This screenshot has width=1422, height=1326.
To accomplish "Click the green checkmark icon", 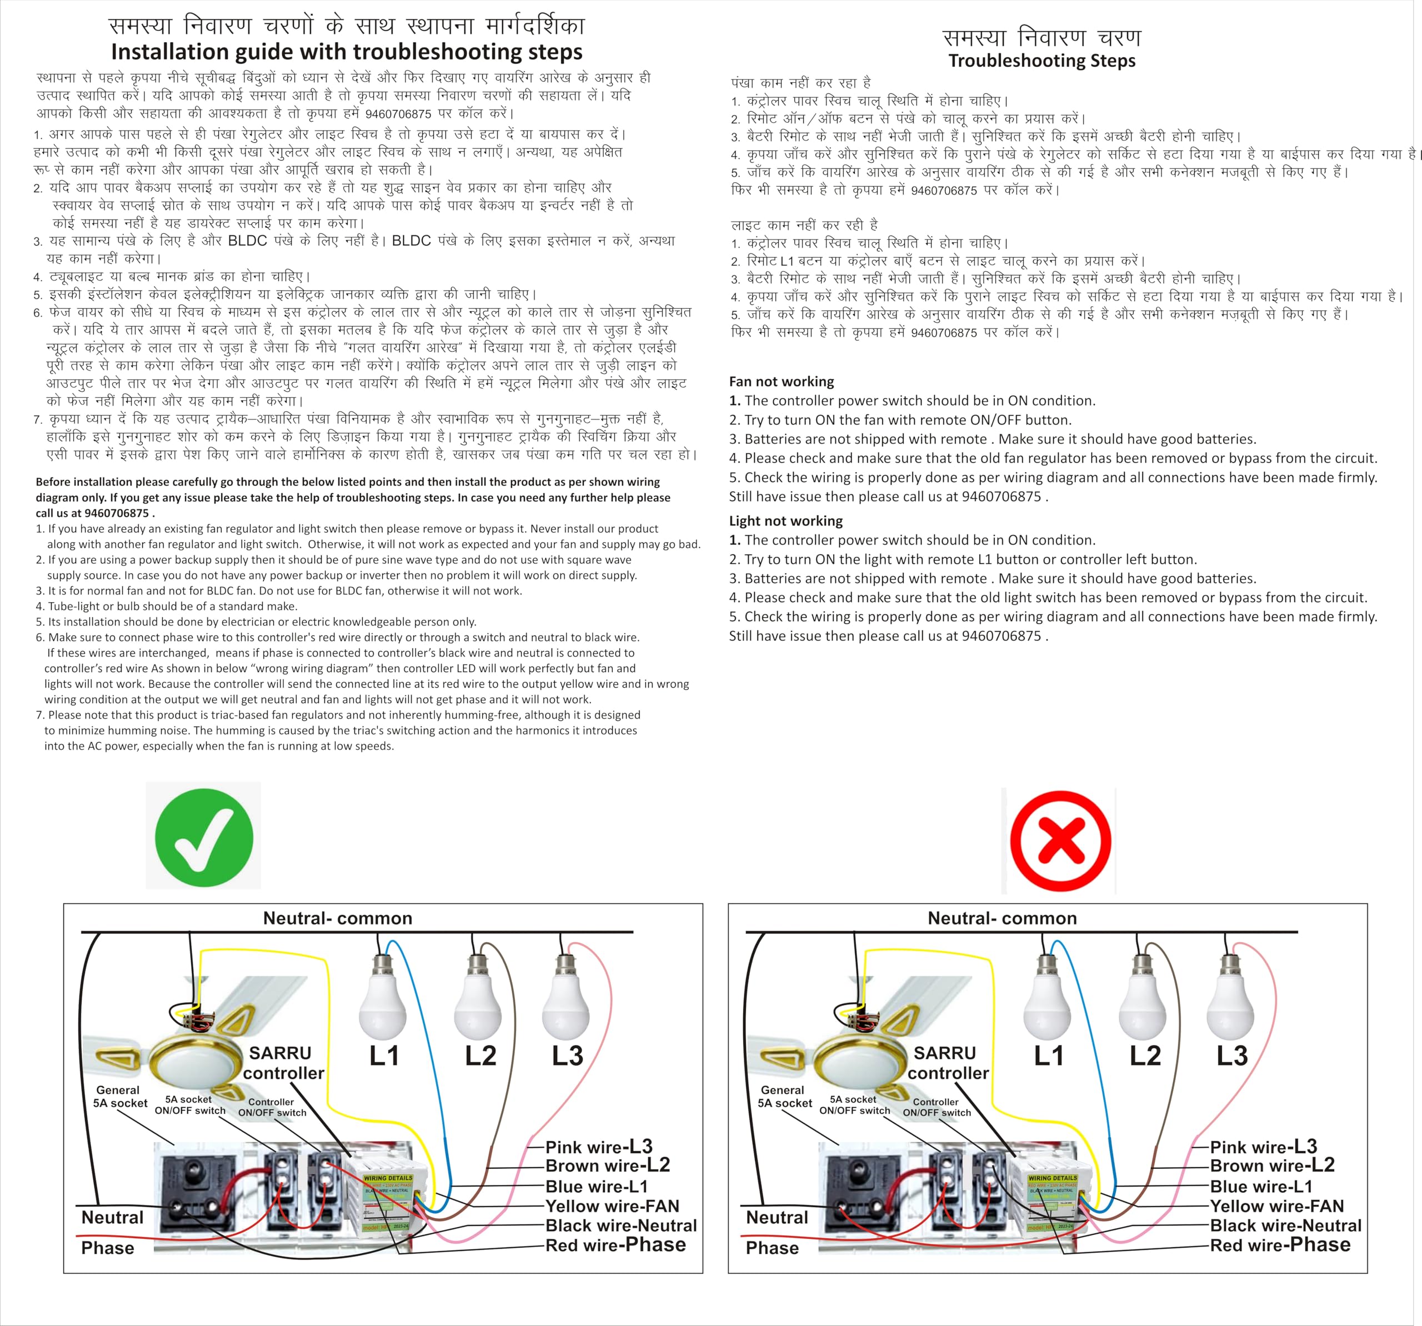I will pos(204,837).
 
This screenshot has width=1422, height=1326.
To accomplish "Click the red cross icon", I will pos(1060,841).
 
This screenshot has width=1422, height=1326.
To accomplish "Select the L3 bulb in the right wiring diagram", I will pos(1230,1005).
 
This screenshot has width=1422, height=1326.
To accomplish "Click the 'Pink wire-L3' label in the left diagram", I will pos(599,1147).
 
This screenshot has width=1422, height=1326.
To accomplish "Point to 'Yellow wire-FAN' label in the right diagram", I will pos(1277,1207).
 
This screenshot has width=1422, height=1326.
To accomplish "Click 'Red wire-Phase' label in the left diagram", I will pos(615,1245).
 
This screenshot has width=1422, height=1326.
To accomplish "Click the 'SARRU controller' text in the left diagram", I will pos(283,1063).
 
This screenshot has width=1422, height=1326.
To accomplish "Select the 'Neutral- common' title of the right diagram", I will pos(1002,918).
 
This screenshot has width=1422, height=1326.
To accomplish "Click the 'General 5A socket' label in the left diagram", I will pos(119,1097).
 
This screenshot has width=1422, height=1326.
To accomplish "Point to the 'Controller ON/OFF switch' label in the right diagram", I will pos(937,1107).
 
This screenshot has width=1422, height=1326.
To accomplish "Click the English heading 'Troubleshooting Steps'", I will pos(1042,61).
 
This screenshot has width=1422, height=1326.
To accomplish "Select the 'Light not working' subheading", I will pos(785,521).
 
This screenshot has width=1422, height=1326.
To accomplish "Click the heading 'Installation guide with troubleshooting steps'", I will pos(346,52).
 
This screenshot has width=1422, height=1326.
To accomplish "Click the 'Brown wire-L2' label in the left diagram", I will pos(607,1166).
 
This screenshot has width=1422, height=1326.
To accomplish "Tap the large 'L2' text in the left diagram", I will pos(480,1055).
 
